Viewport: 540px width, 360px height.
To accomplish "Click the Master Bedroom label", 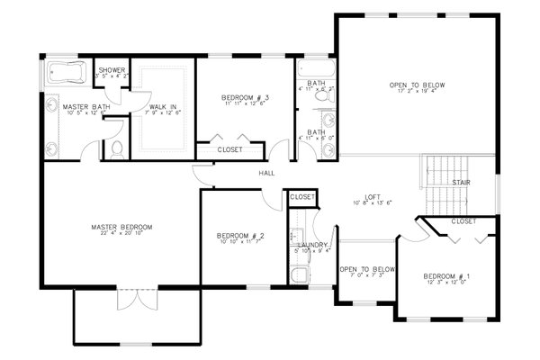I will coord(121,227).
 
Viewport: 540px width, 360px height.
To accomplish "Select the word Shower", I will coord(112,70).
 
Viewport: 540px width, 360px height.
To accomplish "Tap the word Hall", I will coord(266,172).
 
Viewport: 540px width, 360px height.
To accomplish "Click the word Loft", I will coord(373,197).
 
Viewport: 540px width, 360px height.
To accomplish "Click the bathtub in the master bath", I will coord(66,72).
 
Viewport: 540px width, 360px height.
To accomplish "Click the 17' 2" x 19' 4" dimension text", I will coord(418,93).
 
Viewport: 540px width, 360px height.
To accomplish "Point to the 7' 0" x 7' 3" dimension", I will coord(366,276).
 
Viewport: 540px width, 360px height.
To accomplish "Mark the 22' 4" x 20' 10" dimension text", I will coord(121,234).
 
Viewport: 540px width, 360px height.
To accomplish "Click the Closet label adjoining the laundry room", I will coord(302,196).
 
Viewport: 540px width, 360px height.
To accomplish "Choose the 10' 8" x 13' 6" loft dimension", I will coord(373,203).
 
